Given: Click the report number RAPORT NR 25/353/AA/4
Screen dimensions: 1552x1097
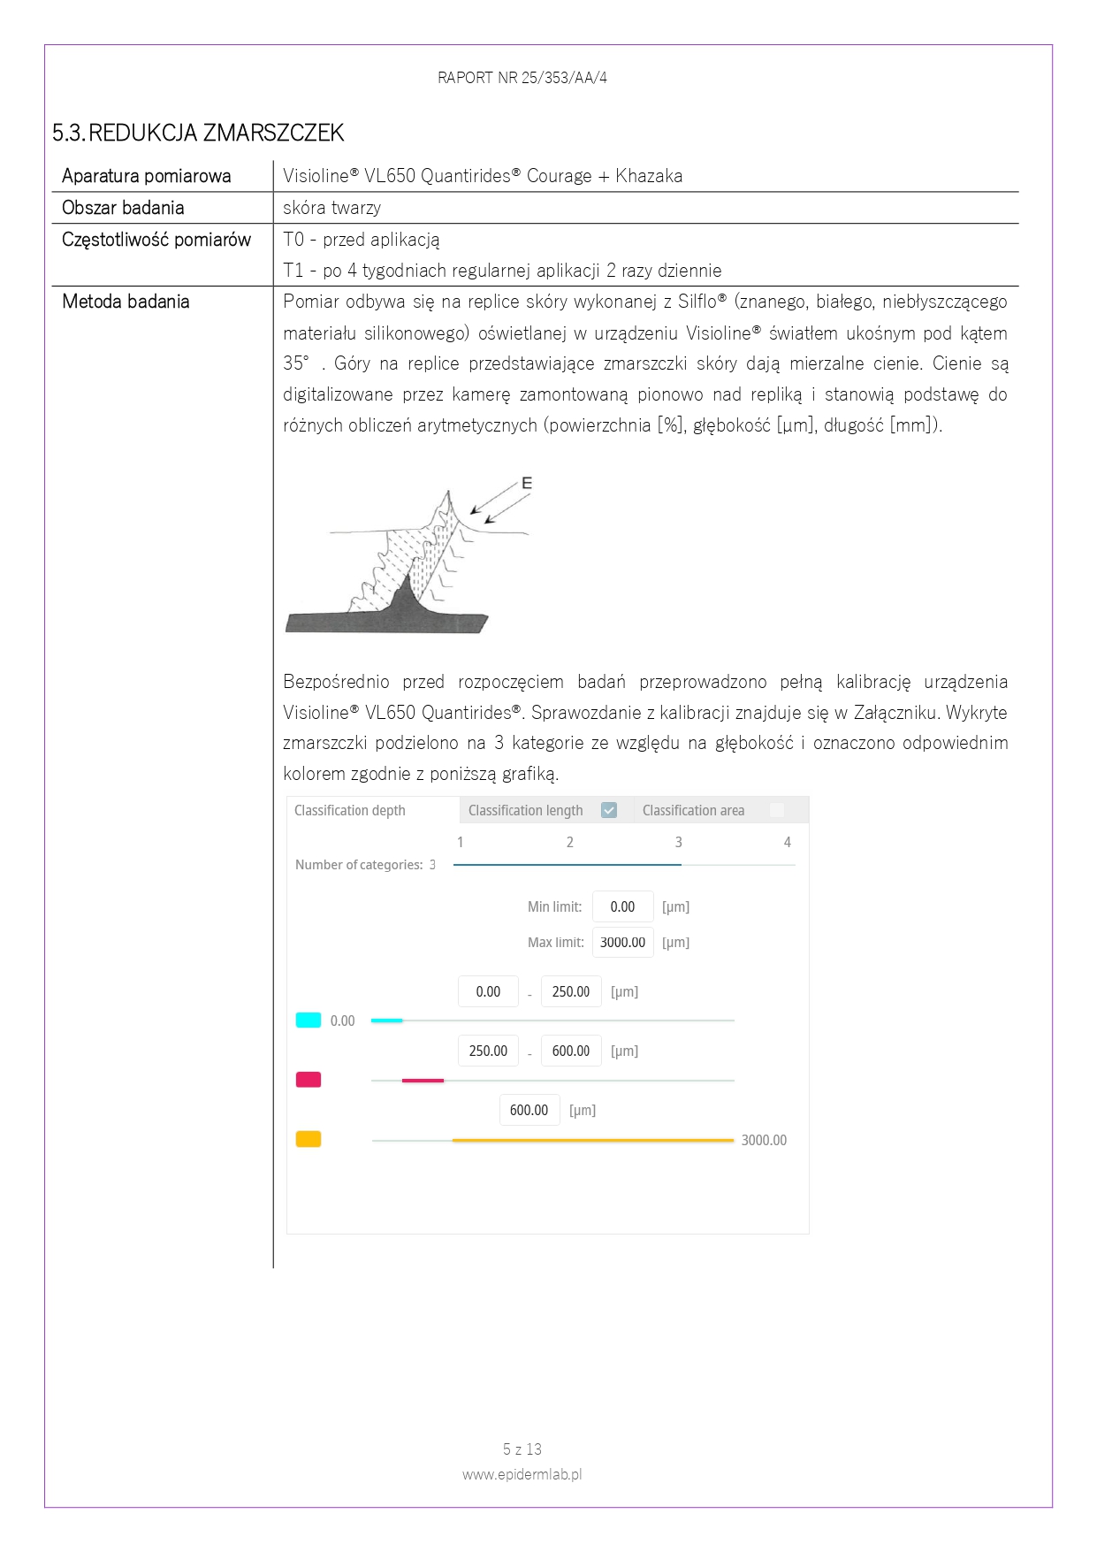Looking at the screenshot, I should coord(522,78).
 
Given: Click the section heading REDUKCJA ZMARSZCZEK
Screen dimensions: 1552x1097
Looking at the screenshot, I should coord(216,133).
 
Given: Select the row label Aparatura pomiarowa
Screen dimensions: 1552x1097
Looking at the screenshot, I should coord(146,176).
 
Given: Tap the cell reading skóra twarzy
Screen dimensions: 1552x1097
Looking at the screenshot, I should coord(331,208).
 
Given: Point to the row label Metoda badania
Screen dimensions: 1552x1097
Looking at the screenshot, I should coord(126,302).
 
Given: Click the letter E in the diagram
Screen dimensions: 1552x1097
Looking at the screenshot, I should coord(527,483).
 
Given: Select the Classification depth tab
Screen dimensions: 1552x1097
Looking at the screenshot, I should coord(350,810).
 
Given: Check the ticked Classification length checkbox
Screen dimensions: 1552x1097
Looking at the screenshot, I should coord(609,810).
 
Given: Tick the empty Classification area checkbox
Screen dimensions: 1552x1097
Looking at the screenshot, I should coord(777,810).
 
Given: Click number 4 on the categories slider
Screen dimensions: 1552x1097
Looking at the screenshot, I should coord(787,842).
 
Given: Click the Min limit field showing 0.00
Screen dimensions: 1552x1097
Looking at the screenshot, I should coord(622,906).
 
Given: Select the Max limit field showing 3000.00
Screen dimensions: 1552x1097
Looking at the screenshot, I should coord(622,943).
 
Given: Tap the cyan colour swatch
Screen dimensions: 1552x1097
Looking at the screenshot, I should coord(309,1021).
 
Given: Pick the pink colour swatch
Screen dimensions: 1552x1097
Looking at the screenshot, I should coord(309,1080).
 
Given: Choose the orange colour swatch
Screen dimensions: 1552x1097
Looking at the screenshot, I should coord(309,1139).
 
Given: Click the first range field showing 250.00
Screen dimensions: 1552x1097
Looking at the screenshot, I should coord(571,992).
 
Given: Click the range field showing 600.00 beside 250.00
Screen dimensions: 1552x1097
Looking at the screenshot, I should coord(571,1051).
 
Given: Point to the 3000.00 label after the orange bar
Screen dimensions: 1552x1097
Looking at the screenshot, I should coord(764,1141).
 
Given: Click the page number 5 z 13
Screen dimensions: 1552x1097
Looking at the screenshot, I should coord(522,1449).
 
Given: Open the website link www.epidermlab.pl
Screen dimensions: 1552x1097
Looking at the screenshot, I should coord(522,1474).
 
